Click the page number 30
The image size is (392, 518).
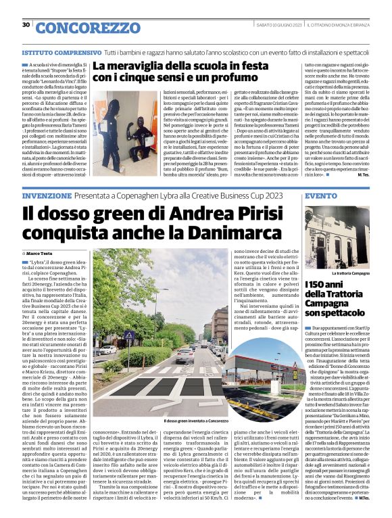[x=26, y=25]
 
